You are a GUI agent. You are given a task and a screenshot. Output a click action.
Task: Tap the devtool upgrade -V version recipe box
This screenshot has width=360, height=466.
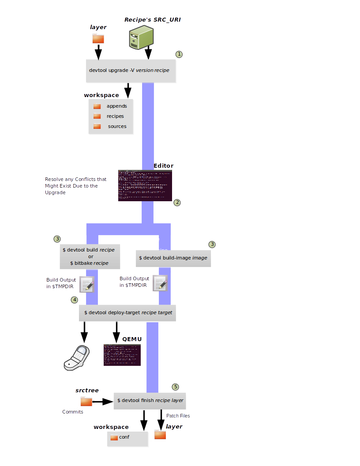point(131,70)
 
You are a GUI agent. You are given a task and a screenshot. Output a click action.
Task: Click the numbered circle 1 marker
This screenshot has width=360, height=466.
point(179,54)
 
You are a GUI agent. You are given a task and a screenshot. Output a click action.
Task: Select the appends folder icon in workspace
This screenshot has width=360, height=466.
point(97,106)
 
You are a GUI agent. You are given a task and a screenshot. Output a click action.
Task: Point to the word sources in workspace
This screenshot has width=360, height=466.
point(117,127)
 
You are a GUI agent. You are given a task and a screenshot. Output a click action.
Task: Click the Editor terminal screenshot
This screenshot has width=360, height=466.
point(145,185)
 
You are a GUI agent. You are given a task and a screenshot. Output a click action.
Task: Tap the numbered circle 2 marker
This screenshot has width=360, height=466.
point(177,203)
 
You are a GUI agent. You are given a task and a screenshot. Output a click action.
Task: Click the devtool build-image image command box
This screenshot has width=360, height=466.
point(173,258)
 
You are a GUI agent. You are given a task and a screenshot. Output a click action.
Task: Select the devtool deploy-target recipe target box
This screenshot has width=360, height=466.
point(127,312)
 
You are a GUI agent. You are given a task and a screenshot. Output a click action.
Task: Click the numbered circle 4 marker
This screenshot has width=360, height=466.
point(75,300)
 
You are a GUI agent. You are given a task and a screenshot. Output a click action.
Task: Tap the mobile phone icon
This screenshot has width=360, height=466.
point(77,357)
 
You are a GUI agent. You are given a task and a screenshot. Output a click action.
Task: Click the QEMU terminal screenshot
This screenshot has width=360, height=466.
point(122,355)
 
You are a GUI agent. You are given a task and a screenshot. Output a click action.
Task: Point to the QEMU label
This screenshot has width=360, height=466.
point(132,339)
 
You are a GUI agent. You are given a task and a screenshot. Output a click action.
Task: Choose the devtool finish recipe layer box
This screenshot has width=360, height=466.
point(150,401)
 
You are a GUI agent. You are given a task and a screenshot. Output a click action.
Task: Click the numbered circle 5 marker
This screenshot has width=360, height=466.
point(176,387)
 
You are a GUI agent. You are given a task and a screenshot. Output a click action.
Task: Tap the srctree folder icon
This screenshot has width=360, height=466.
point(86,401)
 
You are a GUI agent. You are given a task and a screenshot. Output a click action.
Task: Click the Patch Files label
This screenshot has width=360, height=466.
point(178,416)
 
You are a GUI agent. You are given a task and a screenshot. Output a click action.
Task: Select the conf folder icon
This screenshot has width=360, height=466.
point(114,437)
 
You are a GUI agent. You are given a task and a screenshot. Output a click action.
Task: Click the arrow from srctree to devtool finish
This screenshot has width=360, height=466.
point(103,402)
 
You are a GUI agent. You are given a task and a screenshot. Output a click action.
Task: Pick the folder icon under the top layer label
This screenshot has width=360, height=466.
point(98,39)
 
